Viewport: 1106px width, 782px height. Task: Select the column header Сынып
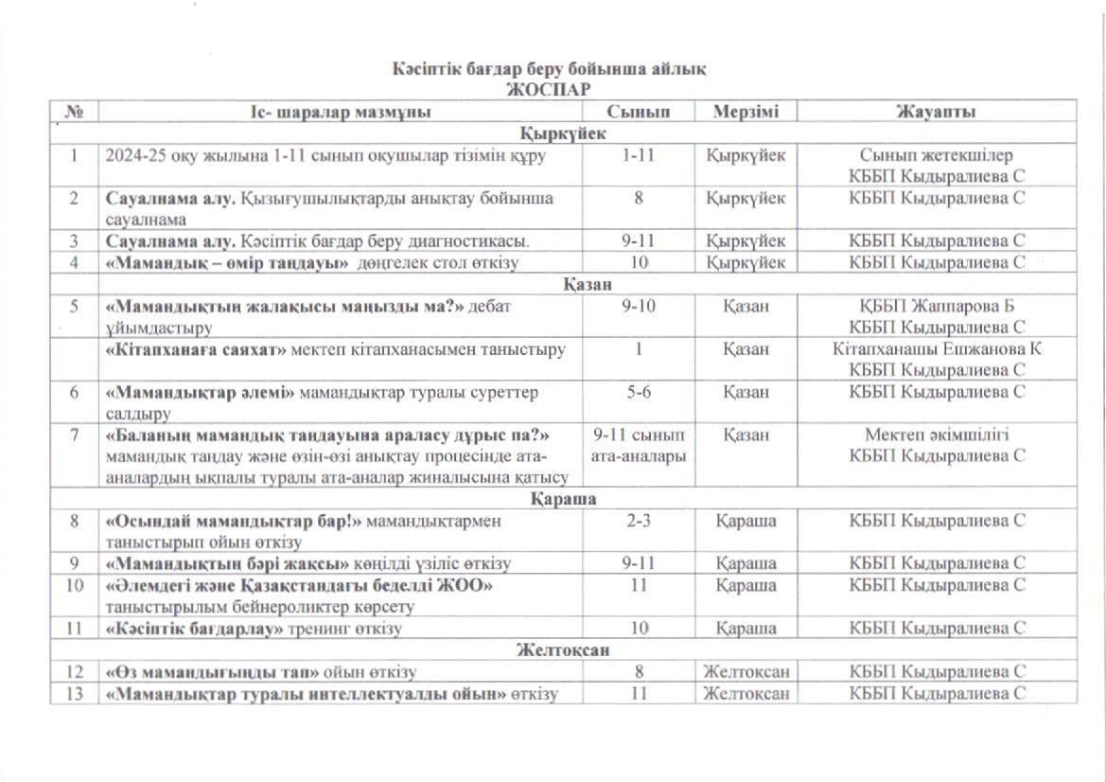coord(639,112)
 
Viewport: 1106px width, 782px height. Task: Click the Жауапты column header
coord(937,112)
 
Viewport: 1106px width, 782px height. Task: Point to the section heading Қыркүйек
coord(564,133)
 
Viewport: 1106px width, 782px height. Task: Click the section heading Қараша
coord(564,498)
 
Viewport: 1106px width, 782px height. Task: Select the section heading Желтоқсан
coord(564,650)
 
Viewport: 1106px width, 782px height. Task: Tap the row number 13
coord(74,694)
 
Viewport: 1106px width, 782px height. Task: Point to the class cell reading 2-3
coord(639,520)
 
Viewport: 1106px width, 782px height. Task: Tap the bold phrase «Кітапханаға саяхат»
coord(195,349)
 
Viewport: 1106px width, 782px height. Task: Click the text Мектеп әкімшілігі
coord(937,435)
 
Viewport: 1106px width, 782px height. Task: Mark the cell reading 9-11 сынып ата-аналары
coord(639,446)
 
